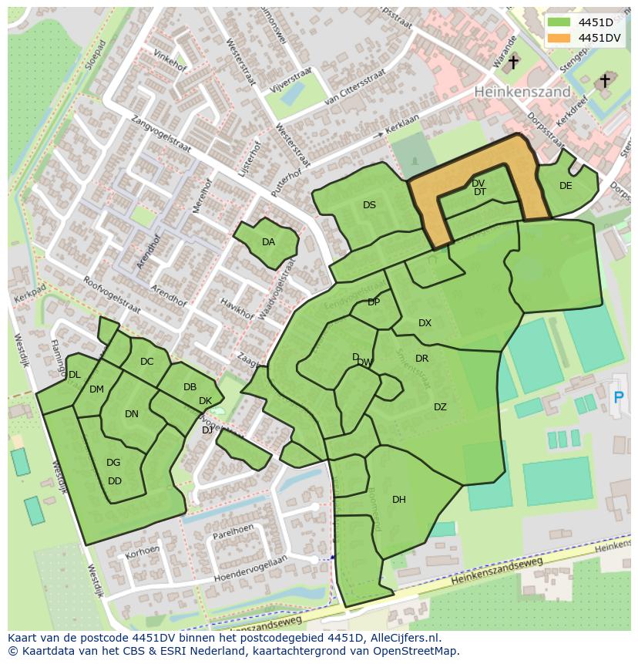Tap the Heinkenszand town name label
tap(522, 91)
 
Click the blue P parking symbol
tap(618, 397)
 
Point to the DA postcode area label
tap(268, 242)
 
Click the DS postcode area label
tap(369, 205)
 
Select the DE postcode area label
tap(566, 186)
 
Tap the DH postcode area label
tap(398, 500)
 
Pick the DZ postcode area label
tap(440, 407)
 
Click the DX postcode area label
tap(425, 323)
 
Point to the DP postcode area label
tap(374, 302)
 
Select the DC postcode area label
tap(147, 362)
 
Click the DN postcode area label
tap(132, 414)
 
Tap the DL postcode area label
tap(74, 375)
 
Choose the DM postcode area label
tap(96, 389)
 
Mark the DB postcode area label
tap(190, 387)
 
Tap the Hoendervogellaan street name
tap(250, 568)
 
